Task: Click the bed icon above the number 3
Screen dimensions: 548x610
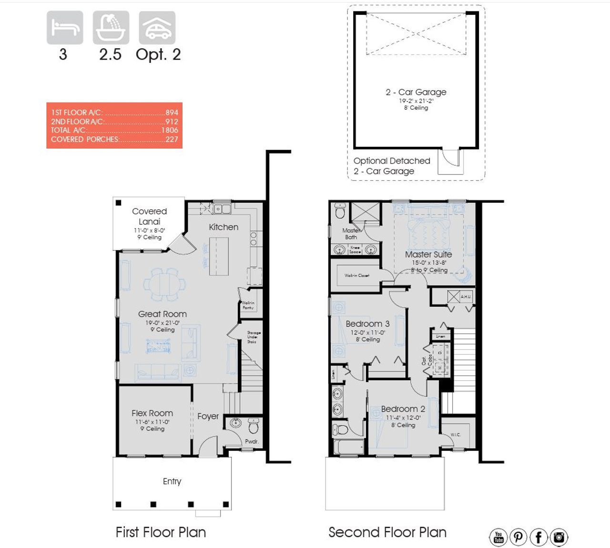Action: [x=65, y=28]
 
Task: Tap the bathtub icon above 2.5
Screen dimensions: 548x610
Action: [x=111, y=28]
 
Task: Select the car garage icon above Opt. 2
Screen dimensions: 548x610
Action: [x=157, y=28]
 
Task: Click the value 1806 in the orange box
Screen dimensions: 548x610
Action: [x=170, y=130]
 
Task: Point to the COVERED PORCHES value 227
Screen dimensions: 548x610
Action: [x=172, y=139]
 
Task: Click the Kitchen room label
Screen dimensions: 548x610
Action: [x=224, y=227]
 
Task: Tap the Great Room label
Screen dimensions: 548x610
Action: [x=162, y=314]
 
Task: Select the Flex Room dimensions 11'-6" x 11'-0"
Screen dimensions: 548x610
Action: [x=152, y=422]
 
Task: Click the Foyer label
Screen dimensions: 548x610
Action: [x=208, y=416]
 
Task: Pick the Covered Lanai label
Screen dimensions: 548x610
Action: [x=149, y=216]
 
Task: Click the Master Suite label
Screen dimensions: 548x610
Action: [x=428, y=255]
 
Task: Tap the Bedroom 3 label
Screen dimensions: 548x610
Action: [x=367, y=324]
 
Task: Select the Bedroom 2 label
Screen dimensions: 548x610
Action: [x=403, y=409]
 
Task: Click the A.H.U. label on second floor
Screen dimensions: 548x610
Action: [x=465, y=297]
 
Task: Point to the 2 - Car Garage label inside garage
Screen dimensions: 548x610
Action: [x=416, y=92]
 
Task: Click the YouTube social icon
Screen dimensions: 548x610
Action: [x=498, y=538]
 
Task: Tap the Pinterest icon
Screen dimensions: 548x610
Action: [x=518, y=538]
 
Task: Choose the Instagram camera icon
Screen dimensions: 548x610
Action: [x=559, y=538]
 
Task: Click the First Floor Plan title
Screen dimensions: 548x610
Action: [x=161, y=532]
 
